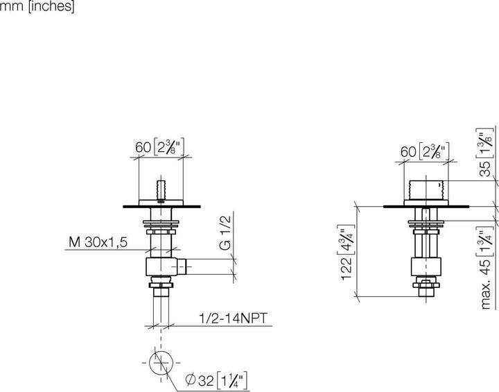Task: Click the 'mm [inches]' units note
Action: [x=37, y=7]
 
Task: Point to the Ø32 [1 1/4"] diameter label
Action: [x=216, y=380]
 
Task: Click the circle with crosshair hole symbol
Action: [x=160, y=363]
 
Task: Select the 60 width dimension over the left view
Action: [x=161, y=147]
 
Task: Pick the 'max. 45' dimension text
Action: [x=487, y=268]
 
